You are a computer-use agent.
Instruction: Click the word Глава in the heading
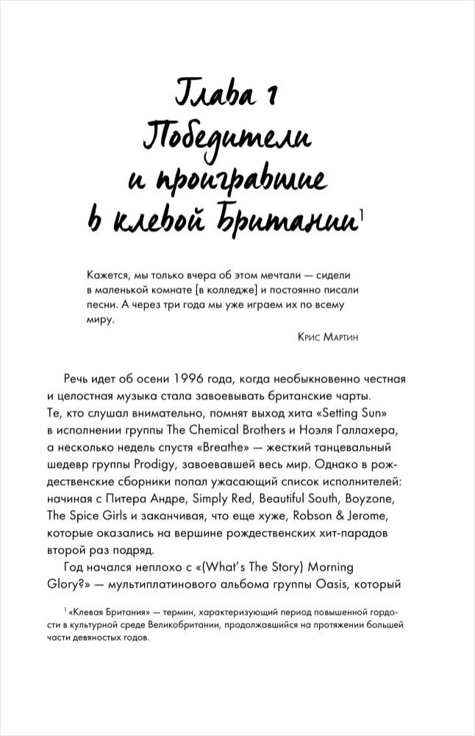213,95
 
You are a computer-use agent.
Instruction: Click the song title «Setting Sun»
365,412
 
